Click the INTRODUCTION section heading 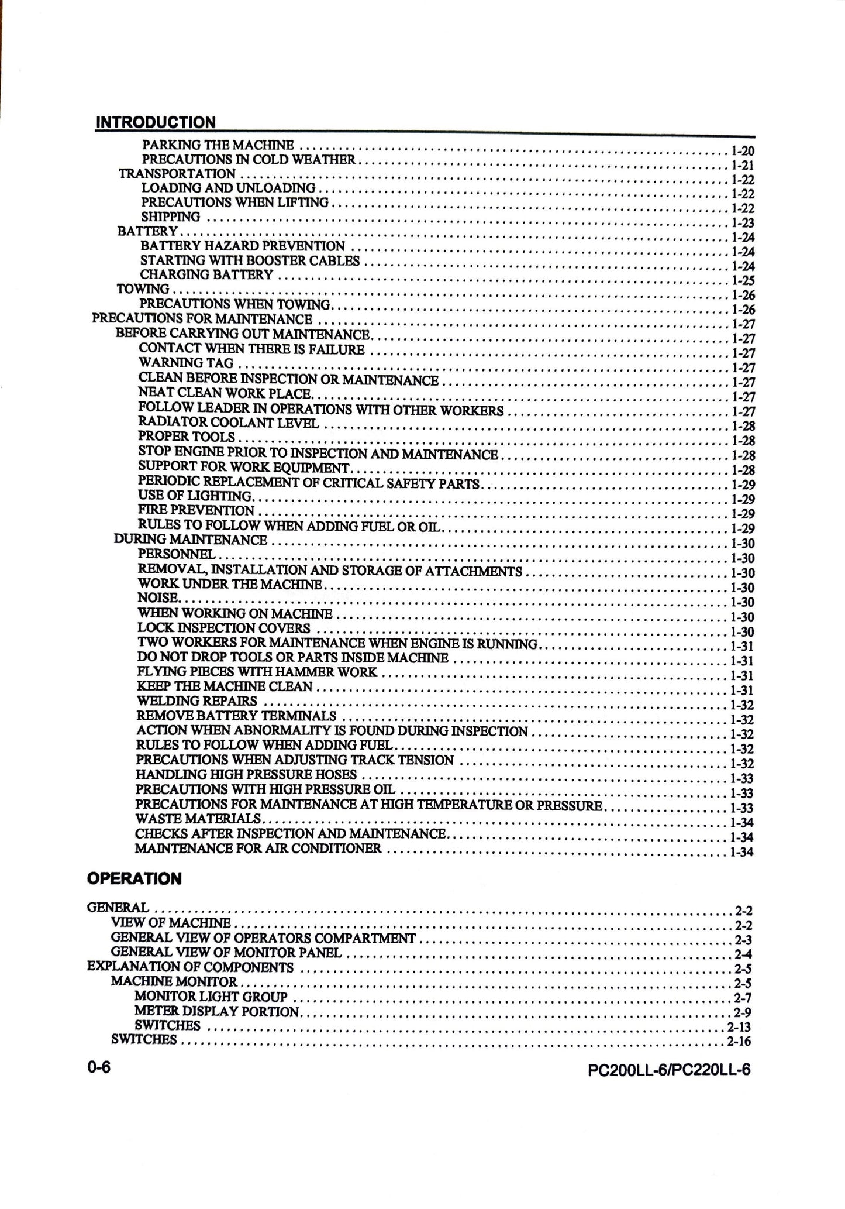tap(156, 122)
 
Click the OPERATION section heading tap(134, 878)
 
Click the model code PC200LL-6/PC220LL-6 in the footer tap(669, 1070)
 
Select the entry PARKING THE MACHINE tap(218, 145)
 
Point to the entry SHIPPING tap(171, 217)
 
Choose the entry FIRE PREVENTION tap(196, 510)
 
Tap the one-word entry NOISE tap(158, 598)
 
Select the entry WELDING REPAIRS tap(196, 700)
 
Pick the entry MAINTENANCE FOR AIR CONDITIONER tap(258, 848)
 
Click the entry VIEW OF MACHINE tap(171, 923)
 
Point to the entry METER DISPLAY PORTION tap(217, 1011)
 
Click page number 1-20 tap(743, 151)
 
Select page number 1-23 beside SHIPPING tap(743, 223)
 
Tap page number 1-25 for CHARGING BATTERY tap(743, 281)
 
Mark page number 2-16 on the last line tap(739, 1042)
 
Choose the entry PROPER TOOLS tap(187, 437)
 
